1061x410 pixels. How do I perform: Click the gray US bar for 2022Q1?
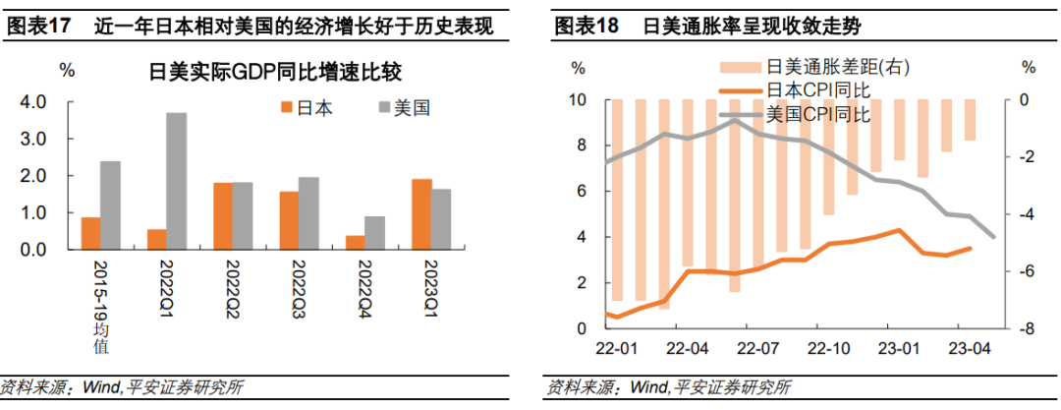tap(177, 182)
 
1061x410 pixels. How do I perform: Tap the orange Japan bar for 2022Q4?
tap(356, 243)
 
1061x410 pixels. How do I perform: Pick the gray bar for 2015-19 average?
tap(110, 206)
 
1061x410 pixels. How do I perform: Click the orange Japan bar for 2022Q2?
tap(223, 217)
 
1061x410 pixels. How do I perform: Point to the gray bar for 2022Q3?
tap(308, 214)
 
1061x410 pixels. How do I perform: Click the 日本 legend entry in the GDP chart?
tap(307, 108)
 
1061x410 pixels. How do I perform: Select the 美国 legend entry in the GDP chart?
tap(404, 108)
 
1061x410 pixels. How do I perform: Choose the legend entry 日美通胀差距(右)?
tap(814, 67)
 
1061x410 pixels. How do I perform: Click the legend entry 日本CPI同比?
tap(795, 89)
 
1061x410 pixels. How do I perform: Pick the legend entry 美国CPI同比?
tap(795, 113)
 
